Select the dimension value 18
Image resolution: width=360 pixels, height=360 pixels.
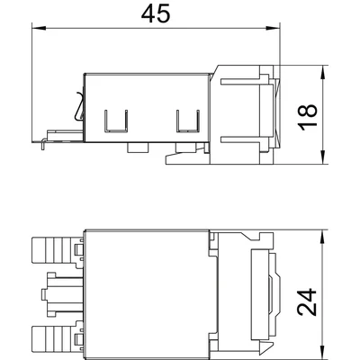(309, 114)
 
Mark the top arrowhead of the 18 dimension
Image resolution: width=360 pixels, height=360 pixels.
(321, 68)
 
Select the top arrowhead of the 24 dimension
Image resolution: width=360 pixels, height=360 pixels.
(321, 233)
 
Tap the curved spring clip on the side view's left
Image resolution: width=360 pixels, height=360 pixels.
(77, 112)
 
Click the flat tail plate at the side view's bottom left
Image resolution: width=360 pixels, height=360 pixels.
(56, 137)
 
